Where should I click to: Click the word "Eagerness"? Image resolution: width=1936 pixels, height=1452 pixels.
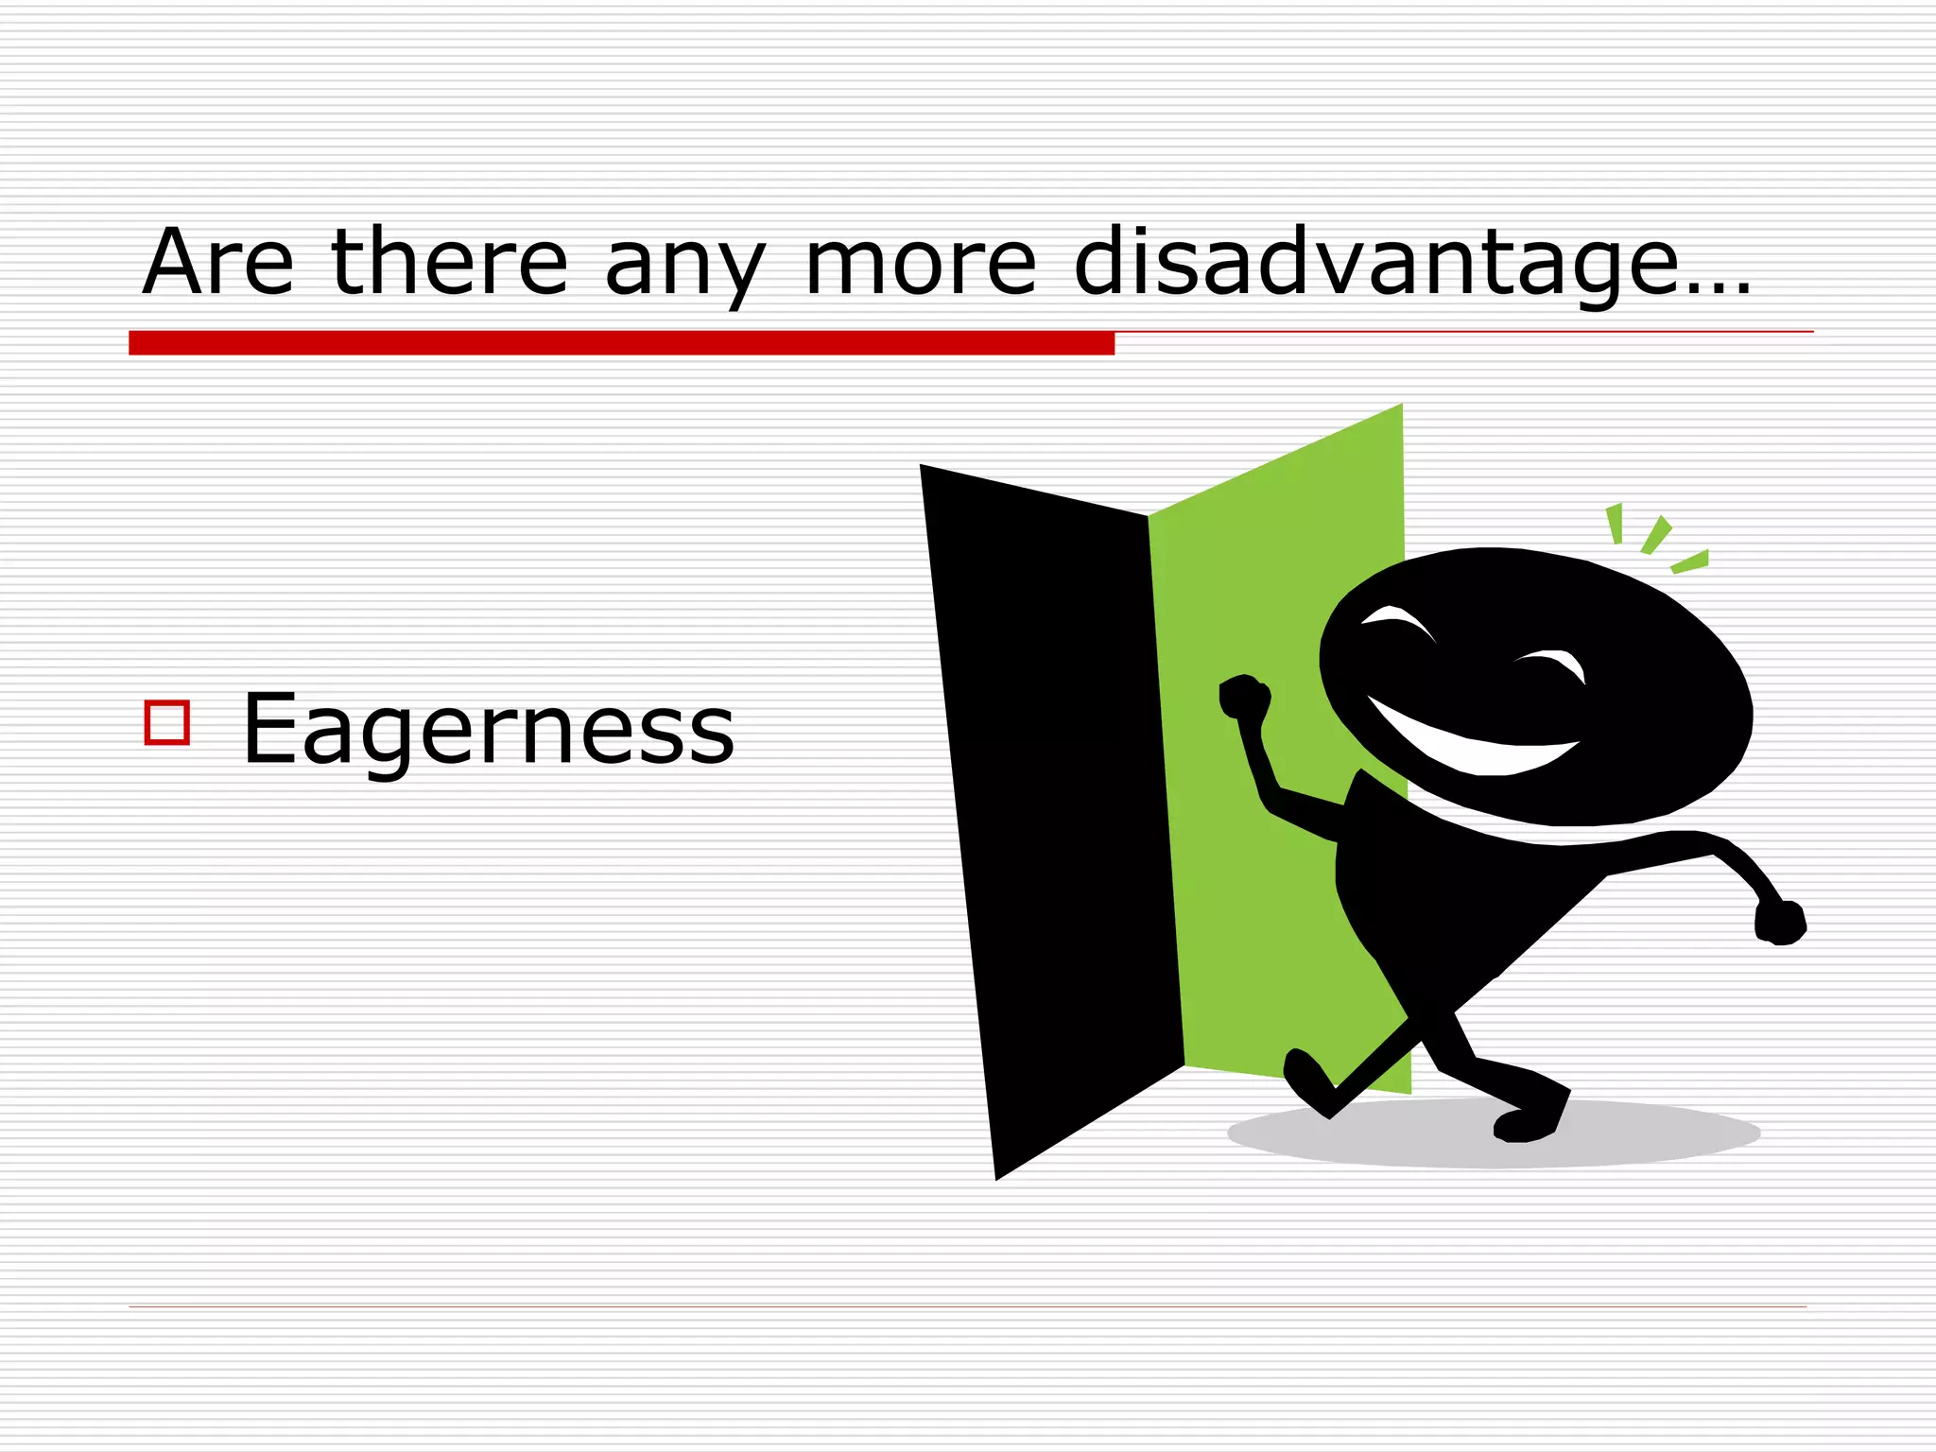(488, 730)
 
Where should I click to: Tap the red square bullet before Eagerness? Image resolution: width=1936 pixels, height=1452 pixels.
(167, 723)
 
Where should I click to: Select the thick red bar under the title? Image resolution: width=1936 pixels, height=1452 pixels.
(621, 343)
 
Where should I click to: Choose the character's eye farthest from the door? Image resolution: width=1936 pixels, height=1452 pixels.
(1550, 662)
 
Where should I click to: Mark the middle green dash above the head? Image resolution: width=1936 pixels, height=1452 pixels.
(1656, 534)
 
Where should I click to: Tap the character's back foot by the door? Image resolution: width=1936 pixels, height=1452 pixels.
(1309, 1082)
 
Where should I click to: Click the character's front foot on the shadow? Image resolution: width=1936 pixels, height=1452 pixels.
(1527, 1125)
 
